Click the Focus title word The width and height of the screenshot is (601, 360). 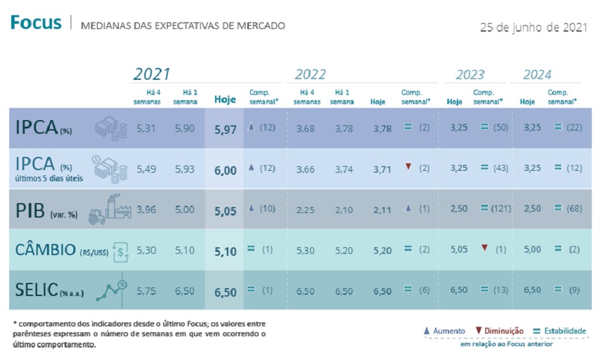click(36, 24)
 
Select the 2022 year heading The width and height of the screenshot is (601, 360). click(310, 75)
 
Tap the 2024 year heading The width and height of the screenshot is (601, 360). click(537, 75)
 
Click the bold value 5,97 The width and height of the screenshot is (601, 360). click(225, 129)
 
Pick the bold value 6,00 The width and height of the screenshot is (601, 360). click(225, 169)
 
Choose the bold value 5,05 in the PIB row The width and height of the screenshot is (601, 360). click(225, 210)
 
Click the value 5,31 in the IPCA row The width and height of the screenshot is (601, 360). click(147, 129)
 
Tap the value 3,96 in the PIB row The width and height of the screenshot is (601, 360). click(147, 210)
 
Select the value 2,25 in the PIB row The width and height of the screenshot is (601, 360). click(305, 210)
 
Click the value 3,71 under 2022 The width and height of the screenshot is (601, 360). click(382, 169)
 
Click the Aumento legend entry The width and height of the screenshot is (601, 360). click(443, 330)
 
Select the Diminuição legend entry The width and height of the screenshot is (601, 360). click(499, 330)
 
